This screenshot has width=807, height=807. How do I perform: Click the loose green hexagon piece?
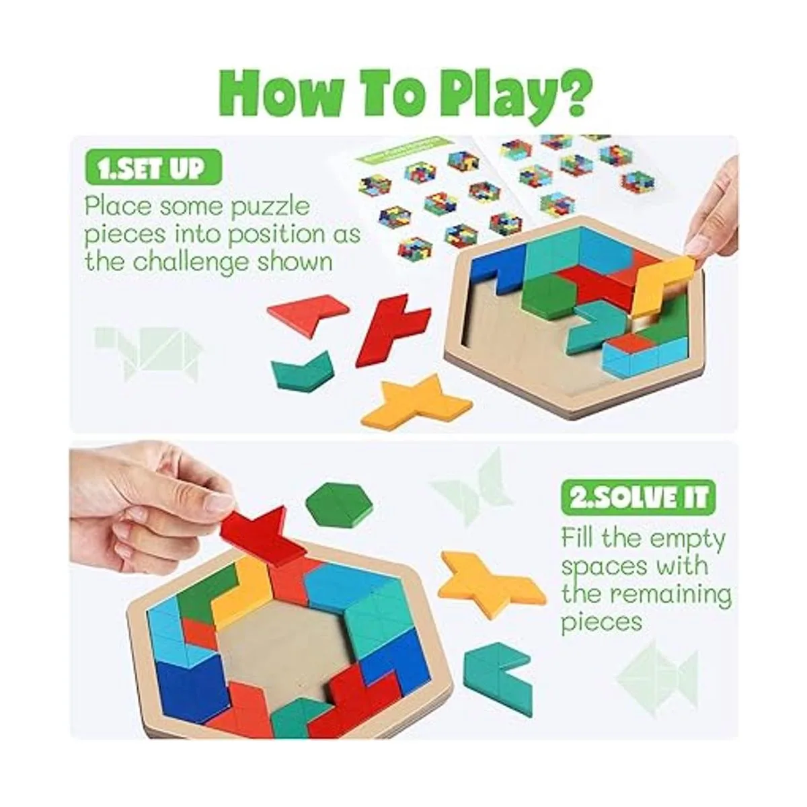(339, 504)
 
